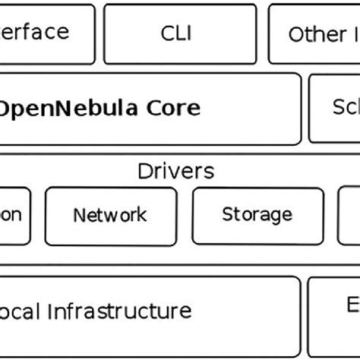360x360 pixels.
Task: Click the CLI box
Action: coord(175,33)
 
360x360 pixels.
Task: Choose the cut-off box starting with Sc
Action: coord(334,108)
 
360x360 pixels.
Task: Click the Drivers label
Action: coord(176,171)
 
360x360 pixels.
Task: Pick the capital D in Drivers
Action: coord(144,171)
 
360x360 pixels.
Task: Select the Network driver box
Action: coord(111,216)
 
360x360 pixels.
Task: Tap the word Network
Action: coord(110,216)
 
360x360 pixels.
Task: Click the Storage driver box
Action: coord(257,216)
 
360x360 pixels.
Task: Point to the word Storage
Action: coord(257,216)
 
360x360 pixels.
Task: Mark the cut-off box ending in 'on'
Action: coord(14,216)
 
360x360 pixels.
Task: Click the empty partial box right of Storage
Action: coord(349,216)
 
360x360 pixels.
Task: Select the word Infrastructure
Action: coord(131,311)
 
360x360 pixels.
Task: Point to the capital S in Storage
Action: coord(227,216)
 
